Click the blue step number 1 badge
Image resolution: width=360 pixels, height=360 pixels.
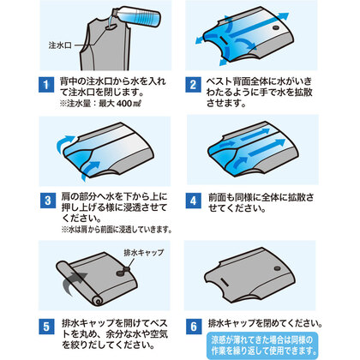click(x=46, y=85)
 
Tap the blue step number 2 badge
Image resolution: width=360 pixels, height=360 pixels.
click(x=193, y=85)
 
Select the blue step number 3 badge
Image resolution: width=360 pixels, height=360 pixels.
click(x=48, y=201)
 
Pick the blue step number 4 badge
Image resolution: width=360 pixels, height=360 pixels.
click(x=194, y=201)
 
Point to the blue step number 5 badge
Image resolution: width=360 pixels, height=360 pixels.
click(x=46, y=327)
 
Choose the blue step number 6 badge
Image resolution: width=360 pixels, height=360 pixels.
click(x=194, y=327)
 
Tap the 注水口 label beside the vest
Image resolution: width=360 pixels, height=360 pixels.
click(x=60, y=45)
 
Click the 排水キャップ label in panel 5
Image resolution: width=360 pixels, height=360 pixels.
click(x=144, y=253)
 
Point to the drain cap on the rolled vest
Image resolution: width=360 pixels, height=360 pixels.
click(x=123, y=272)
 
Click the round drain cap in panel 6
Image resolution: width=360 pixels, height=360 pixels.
click(x=277, y=268)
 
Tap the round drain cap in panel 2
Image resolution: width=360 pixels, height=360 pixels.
click(x=276, y=28)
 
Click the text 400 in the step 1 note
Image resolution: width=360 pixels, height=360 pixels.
click(x=123, y=104)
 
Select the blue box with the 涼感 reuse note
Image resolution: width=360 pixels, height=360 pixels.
click(x=262, y=345)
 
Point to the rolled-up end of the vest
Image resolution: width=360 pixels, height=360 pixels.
click(x=98, y=301)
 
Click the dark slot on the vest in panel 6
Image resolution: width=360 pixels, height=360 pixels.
click(x=225, y=283)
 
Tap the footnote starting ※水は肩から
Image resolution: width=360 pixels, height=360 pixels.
click(x=117, y=229)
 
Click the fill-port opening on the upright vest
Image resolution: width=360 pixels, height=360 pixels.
click(x=111, y=27)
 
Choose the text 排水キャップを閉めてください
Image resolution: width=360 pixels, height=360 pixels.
click(x=265, y=323)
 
